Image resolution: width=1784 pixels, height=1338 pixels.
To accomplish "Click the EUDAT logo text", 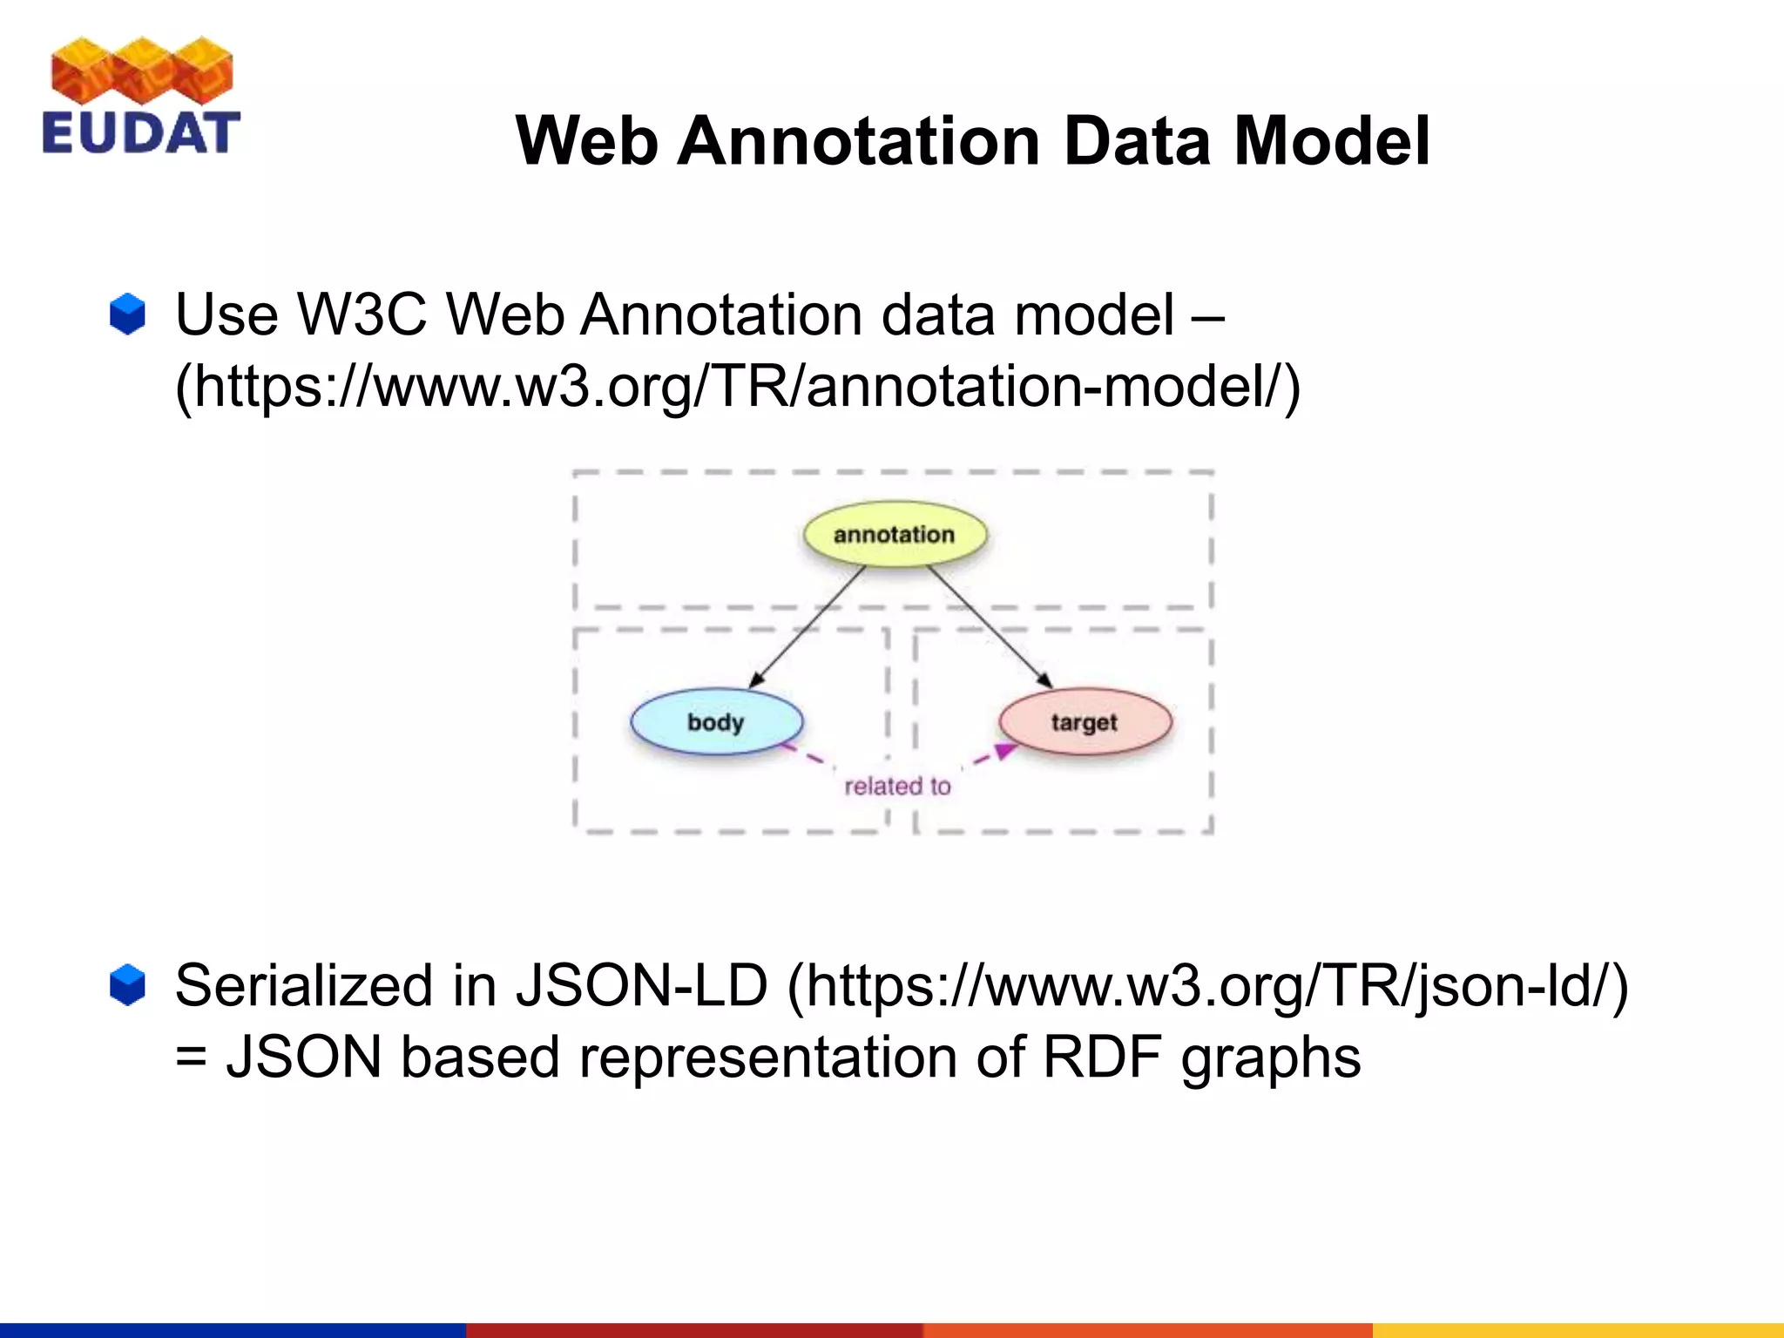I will pyautogui.click(x=140, y=133).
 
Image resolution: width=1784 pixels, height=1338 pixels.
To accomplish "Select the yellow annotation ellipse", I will pyautogui.click(x=895, y=534).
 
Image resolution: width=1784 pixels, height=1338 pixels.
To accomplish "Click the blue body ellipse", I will pyautogui.click(x=716, y=722).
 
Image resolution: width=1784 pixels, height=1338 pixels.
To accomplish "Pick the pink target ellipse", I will pyautogui.click(x=1085, y=722).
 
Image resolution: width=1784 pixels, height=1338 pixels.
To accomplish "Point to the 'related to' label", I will pyautogui.click(x=897, y=787).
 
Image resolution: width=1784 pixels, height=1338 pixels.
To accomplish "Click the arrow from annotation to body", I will pyautogui.click(x=806, y=628).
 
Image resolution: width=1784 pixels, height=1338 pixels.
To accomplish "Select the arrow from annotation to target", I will pyautogui.click(x=989, y=626).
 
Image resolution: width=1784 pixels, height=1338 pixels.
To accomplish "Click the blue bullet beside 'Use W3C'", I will pyautogui.click(x=128, y=314).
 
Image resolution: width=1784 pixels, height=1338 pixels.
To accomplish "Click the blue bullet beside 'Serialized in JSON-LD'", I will pyautogui.click(x=128, y=985).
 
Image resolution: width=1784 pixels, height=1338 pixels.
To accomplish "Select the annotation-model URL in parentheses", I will pyautogui.click(x=738, y=387).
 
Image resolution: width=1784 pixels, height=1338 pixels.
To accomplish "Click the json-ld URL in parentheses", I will pyautogui.click(x=1207, y=985).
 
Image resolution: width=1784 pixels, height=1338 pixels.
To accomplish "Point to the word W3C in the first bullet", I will pyautogui.click(x=362, y=314).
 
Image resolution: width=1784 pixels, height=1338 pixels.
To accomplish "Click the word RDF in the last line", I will pyautogui.click(x=1102, y=1058).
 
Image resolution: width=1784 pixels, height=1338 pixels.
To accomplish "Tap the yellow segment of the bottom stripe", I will pyautogui.click(x=1578, y=1330).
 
